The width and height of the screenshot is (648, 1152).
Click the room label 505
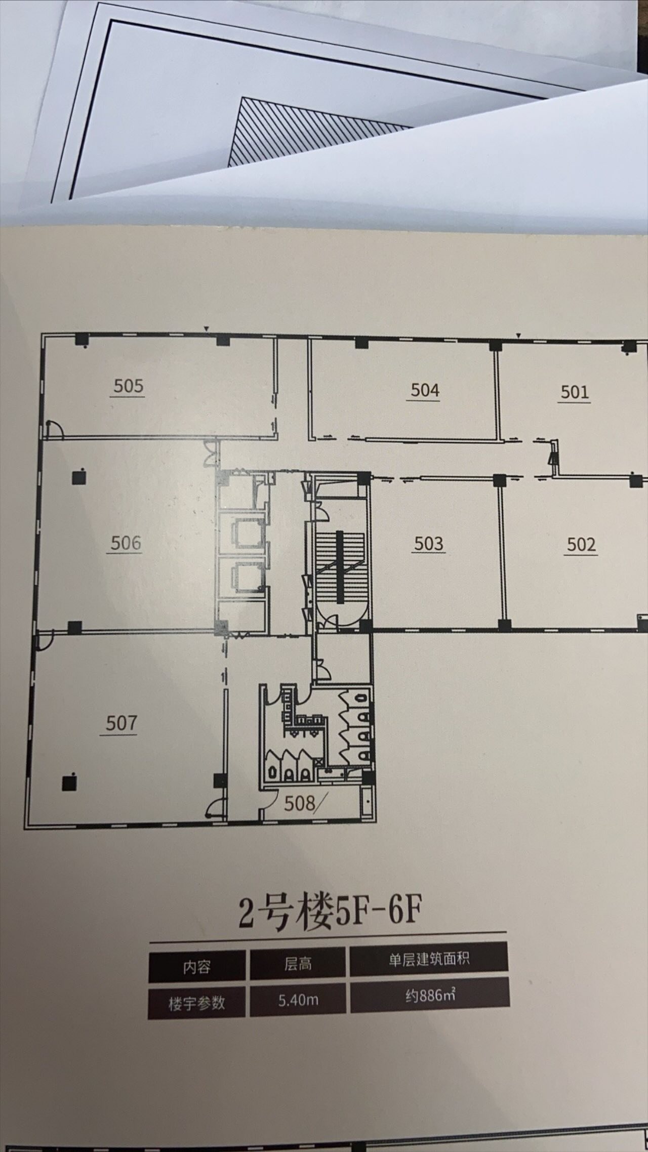pos(129,386)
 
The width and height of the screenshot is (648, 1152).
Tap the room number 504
pos(425,390)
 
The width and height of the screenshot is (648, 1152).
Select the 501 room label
pos(575,392)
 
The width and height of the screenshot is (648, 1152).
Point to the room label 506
pos(126,543)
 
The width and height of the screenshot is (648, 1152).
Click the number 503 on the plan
pos(429,544)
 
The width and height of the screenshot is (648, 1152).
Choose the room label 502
pos(581,545)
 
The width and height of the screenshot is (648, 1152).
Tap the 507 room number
pos(121,723)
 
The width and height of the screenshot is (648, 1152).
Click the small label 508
pos(300,803)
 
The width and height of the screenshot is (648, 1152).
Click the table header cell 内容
pos(196,967)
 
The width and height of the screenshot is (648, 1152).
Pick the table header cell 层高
pos(298,964)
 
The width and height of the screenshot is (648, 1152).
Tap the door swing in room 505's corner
pos(53,428)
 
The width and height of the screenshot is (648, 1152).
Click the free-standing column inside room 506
pos(78,477)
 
